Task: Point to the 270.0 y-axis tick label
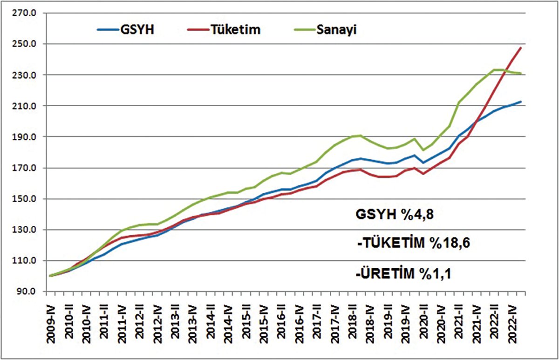click(25, 13)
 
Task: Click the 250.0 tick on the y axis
click(25, 44)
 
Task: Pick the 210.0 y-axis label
click(25, 106)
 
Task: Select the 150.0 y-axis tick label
click(25, 199)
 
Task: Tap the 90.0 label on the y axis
click(27, 292)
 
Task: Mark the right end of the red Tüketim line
click(521, 48)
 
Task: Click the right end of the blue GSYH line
click(521, 102)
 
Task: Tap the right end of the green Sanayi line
click(521, 73)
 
